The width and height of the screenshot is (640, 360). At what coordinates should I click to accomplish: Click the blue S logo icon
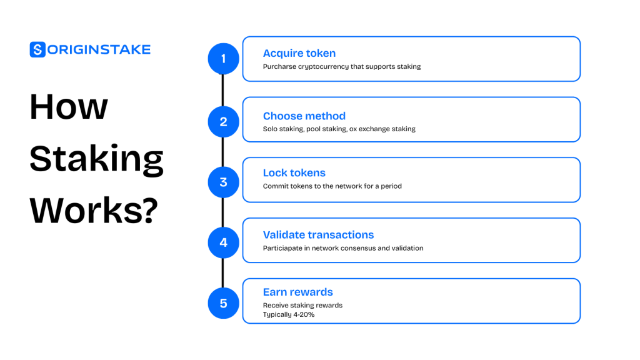click(x=37, y=49)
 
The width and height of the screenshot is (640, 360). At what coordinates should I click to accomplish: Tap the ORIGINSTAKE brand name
click(x=99, y=50)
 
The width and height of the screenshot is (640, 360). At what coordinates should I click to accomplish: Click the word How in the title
click(x=69, y=106)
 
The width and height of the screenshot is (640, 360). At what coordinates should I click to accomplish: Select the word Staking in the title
click(x=97, y=159)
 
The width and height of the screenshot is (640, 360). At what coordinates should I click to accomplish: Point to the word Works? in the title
click(x=94, y=210)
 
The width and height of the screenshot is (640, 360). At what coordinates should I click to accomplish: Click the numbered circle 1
click(x=223, y=59)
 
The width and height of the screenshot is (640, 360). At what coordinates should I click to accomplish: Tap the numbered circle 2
click(x=223, y=122)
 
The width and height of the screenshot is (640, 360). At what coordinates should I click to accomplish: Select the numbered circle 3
click(x=223, y=182)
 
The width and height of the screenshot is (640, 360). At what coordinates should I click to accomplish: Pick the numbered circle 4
click(x=223, y=243)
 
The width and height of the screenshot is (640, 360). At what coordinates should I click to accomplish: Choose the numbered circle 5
click(x=223, y=303)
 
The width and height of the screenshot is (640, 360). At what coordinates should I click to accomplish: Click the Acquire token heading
click(x=299, y=54)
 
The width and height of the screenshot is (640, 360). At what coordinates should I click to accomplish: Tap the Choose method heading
click(x=304, y=116)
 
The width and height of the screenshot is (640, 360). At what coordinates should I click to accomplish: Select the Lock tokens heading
click(x=294, y=172)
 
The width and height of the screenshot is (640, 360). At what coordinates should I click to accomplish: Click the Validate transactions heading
click(x=318, y=235)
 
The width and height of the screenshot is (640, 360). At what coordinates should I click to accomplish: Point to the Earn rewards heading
click(x=298, y=292)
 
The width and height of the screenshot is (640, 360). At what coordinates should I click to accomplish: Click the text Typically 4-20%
click(x=289, y=315)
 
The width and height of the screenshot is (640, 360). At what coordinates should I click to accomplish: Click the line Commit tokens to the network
click(x=332, y=186)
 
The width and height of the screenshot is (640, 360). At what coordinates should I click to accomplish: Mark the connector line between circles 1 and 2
click(x=223, y=90)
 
